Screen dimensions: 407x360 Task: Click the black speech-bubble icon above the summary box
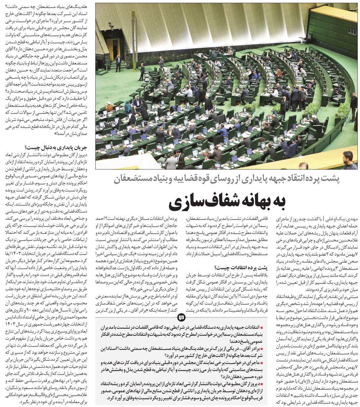(x=181, y=318)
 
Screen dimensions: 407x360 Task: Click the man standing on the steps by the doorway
(x=118, y=63)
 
